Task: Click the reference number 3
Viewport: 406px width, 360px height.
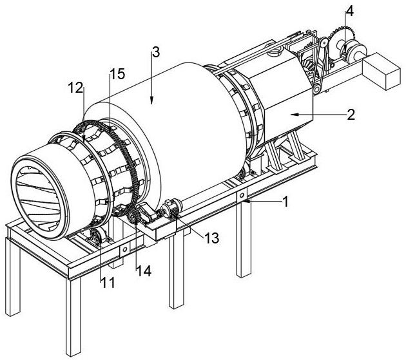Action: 156,53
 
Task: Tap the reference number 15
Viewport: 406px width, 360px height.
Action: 117,74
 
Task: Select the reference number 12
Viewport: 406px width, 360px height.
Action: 75,88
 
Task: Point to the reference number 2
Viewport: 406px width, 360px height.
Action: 351,115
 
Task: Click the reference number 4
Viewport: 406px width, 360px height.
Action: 349,12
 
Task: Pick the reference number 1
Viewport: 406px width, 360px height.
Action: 285,202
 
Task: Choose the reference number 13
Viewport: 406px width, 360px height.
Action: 211,238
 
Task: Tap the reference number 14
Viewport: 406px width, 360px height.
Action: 144,271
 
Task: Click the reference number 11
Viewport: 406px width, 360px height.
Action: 108,283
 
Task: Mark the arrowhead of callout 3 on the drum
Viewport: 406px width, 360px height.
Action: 151,100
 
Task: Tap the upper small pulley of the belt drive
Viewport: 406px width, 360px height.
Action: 324,43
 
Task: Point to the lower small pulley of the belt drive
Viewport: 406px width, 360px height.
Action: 316,90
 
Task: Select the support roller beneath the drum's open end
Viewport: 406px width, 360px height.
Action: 95,236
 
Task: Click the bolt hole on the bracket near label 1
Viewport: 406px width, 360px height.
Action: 242,195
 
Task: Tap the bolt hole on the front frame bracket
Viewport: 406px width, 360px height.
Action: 125,250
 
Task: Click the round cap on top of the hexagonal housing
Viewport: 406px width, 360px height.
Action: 276,52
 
